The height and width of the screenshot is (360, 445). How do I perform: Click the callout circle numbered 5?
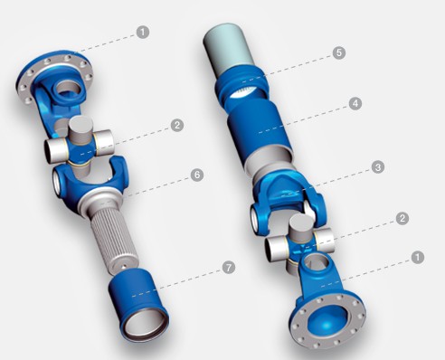[339, 52]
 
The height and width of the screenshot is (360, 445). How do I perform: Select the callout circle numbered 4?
[355, 104]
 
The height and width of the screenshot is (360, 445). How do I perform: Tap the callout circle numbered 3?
[378, 167]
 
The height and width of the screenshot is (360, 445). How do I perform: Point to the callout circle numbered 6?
[197, 175]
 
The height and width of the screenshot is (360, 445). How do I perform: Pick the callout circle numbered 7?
[229, 267]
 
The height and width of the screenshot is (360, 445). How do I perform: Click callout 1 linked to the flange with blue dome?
[418, 258]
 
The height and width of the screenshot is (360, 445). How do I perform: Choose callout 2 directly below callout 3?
[402, 218]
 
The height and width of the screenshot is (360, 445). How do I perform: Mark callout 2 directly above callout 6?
[177, 125]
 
